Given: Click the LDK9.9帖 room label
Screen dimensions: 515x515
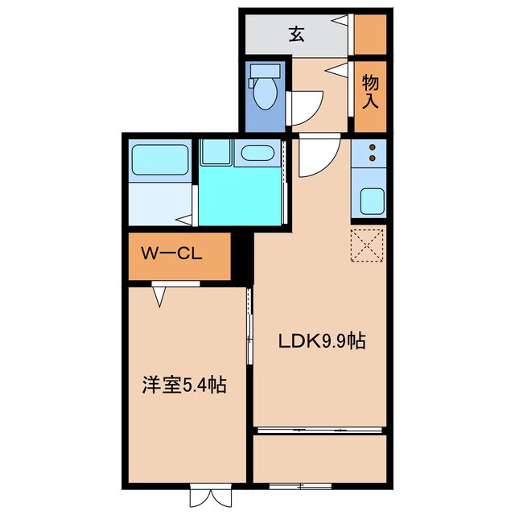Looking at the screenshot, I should click(x=322, y=341).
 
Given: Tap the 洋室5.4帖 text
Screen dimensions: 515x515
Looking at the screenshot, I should click(x=184, y=385).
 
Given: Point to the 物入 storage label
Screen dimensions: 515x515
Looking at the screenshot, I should click(x=370, y=90).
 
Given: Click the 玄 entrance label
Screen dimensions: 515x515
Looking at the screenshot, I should click(x=297, y=34).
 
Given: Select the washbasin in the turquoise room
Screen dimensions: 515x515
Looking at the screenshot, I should click(x=257, y=153).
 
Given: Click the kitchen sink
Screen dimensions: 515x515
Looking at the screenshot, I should click(x=371, y=200).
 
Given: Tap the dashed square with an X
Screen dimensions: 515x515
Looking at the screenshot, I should click(x=369, y=246).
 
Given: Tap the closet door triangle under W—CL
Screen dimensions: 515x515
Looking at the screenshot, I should click(x=159, y=297).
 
